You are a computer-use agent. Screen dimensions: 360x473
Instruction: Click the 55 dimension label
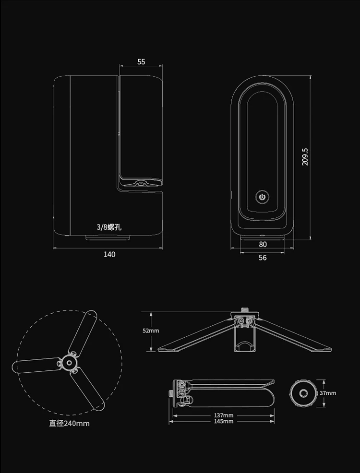[141, 62]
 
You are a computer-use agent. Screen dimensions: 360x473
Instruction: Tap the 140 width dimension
[109, 254]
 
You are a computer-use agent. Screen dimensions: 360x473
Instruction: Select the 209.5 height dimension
[305, 156]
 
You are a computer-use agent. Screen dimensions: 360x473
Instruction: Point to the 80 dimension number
[263, 244]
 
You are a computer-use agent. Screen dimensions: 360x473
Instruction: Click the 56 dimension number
[263, 258]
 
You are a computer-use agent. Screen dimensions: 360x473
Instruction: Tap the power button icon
[262, 197]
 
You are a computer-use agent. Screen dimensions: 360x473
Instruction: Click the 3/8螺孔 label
[109, 227]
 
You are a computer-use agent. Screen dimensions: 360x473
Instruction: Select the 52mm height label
[151, 331]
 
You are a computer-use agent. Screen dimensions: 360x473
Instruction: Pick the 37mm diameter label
[328, 393]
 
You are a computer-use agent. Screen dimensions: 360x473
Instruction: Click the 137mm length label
[224, 416]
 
